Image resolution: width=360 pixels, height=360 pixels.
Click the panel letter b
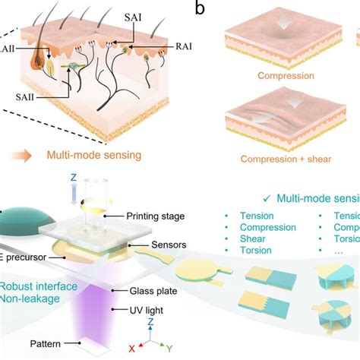[x=200, y=9]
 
